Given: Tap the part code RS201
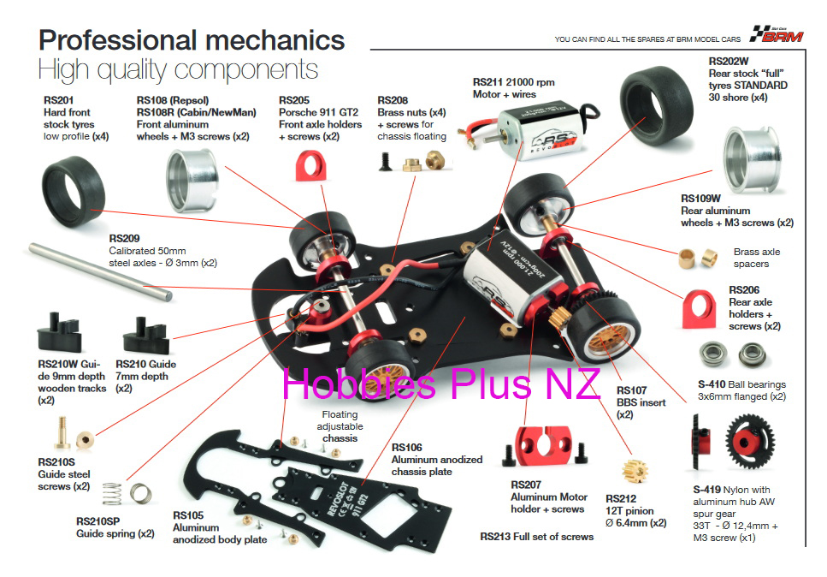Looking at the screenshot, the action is [58, 100].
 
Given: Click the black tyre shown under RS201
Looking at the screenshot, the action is [74, 191].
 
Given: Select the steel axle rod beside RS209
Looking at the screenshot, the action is [100, 272].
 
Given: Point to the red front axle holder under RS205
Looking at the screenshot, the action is [310, 166].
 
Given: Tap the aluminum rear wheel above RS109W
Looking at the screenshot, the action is [752, 159].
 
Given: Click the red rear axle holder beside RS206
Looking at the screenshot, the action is [700, 309].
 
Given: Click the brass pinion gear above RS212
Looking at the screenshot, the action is [635, 471].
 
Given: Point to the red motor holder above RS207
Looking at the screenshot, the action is [544, 447].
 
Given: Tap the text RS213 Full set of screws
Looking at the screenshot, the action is [536, 537].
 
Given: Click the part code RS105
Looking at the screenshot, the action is [188, 515].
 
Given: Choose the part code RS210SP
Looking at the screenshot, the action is [97, 521].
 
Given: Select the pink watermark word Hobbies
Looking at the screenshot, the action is [359, 384].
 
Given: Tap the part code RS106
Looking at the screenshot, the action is [406, 448].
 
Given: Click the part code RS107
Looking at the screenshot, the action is [631, 390].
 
